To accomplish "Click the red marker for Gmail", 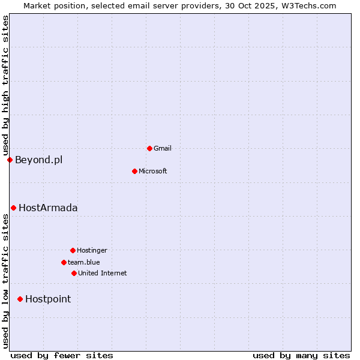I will [149, 148].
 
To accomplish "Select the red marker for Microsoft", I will [134, 171].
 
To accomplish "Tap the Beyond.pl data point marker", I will [10, 160].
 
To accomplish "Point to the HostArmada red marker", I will [13, 208].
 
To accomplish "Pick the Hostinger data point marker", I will [73, 250].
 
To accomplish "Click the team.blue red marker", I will [64, 262].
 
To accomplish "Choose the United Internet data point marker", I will [74, 273].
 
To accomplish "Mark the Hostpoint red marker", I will [20, 299].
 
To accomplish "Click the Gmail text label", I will [163, 148].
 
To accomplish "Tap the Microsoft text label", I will [153, 171].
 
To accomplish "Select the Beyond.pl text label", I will [38, 160].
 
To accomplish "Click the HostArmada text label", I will [48, 208].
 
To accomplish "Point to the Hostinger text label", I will [92, 250].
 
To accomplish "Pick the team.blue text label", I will [84, 262].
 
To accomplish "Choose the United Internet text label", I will [103, 273].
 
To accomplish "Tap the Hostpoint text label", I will [48, 299].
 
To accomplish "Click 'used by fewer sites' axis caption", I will [62, 355].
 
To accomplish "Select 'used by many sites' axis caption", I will [301, 355].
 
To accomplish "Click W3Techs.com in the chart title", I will [307, 5].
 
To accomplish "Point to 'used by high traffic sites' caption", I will [5, 85].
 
